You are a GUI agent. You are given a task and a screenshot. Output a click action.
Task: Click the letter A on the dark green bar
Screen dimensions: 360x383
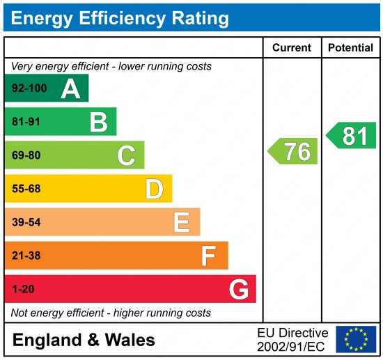pos(70,88)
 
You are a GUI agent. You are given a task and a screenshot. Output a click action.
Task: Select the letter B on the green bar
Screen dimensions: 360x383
pos(98,122)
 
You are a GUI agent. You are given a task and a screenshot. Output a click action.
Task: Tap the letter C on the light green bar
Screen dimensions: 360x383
pos(126,155)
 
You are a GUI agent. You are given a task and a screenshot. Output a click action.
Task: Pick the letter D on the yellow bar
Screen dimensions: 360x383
pos(154,189)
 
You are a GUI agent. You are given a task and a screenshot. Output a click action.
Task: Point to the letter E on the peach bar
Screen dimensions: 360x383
pos(182,222)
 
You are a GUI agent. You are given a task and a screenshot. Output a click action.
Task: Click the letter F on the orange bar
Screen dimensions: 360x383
pos(209,256)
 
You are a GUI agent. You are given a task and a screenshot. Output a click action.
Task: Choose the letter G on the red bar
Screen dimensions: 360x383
pos(239,289)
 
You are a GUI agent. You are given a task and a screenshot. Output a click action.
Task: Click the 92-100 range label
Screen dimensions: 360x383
pos(30,88)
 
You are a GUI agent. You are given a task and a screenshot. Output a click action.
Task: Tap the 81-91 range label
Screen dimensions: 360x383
pos(26,122)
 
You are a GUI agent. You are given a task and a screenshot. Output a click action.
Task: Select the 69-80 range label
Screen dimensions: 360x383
pos(26,155)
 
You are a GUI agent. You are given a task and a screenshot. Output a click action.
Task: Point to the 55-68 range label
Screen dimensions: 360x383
pos(26,189)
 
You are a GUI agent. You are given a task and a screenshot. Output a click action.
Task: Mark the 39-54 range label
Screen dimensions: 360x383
pos(26,222)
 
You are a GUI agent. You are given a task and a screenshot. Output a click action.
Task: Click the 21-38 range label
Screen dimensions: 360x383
pos(26,256)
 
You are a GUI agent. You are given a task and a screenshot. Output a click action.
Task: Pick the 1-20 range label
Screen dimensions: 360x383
pos(23,289)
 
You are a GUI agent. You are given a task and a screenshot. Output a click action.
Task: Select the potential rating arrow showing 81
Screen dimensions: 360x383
pos(352,135)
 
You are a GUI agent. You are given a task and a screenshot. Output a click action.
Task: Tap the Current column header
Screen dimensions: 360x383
pos(292,48)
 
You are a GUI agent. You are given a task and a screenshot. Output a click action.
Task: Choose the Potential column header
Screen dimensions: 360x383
pos(351,48)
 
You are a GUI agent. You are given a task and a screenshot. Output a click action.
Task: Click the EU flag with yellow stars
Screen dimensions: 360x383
pos(356,339)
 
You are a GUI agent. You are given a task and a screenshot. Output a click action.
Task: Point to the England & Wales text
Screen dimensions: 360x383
pos(84,341)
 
